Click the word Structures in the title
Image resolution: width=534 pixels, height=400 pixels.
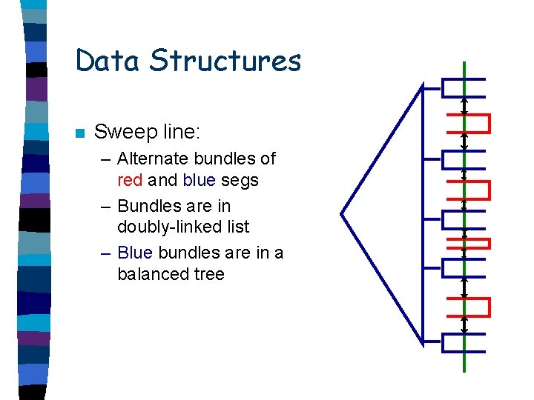click(225, 61)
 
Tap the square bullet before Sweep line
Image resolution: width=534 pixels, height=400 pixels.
click(80, 134)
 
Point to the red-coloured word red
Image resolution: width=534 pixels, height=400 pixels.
click(131, 180)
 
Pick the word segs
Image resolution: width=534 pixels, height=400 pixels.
click(240, 180)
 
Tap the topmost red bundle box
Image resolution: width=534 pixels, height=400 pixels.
click(469, 123)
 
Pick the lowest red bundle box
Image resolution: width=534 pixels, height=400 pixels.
click(469, 307)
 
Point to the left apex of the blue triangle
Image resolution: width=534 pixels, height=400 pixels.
click(342, 214)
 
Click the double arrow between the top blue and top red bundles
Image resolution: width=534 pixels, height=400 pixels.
click(464, 106)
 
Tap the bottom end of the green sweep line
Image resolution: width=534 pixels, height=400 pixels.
click(464, 369)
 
